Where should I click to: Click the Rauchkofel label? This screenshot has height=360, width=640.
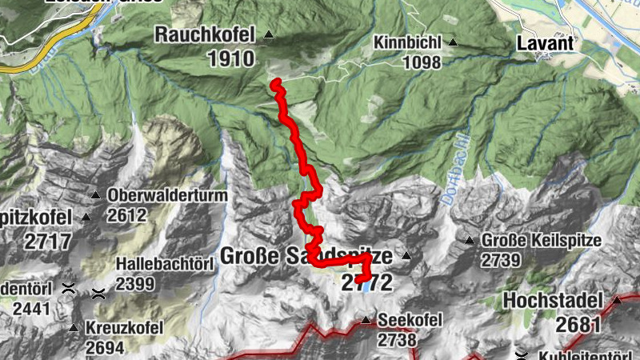click(x=205, y=34)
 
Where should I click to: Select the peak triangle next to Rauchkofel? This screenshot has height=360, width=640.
click(x=269, y=35)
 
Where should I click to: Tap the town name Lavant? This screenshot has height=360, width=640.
click(x=546, y=42)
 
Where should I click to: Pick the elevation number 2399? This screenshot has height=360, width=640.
click(x=136, y=282)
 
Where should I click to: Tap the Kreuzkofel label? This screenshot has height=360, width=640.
click(x=126, y=328)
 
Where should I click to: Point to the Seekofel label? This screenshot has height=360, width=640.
click(x=410, y=321)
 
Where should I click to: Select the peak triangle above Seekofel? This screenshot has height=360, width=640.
click(x=366, y=321)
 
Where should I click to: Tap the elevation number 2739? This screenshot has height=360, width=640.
click(x=502, y=260)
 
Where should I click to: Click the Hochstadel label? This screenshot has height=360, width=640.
click(x=553, y=301)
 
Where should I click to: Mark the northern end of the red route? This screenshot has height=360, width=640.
click(x=274, y=83)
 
